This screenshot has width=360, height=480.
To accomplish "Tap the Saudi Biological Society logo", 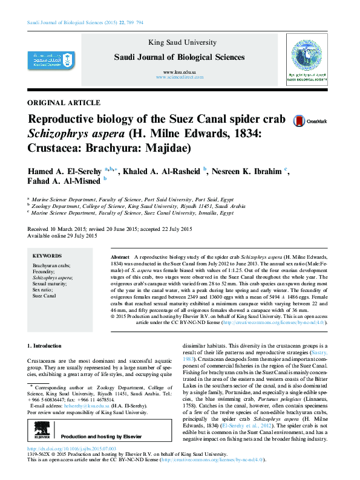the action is pos(306,60).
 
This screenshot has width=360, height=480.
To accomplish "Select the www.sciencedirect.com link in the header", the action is pos(180,78).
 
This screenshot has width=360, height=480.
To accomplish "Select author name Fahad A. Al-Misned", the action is pos(65,181).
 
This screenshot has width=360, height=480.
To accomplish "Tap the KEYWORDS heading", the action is pos(47,256).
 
